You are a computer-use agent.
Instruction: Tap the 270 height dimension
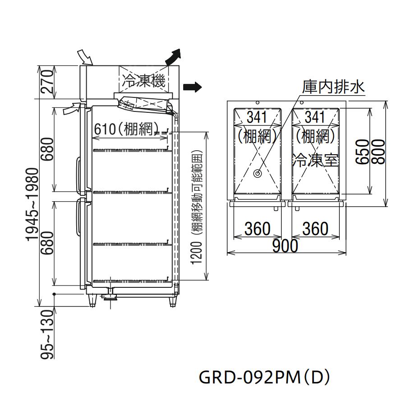48,82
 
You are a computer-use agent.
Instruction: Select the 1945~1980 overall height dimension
33,204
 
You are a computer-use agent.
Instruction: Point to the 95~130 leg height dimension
48,334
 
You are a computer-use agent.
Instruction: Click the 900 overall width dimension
285,246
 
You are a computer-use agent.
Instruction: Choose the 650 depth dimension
363,152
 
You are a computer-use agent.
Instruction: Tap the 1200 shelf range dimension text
197,253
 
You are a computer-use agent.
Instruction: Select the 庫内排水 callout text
333,87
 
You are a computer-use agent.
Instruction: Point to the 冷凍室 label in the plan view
316,160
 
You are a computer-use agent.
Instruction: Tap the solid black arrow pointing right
192,87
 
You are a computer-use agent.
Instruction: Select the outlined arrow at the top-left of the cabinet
85,57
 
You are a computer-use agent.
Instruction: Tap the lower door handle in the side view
78,218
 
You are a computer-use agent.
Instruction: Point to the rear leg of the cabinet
172,301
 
